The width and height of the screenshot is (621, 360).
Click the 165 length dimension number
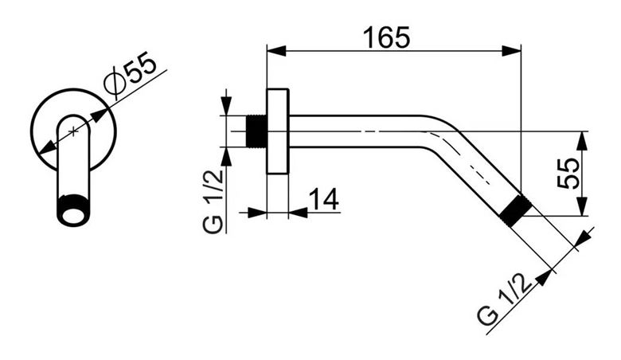point(387,37)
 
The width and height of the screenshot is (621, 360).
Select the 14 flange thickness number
point(323,198)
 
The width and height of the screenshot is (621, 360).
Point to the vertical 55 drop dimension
point(568,173)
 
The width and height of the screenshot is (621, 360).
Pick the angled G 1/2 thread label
point(504,300)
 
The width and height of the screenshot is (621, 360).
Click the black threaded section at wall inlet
point(256,132)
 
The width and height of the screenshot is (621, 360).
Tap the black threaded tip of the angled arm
point(514,212)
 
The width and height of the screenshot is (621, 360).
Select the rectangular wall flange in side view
point(278,131)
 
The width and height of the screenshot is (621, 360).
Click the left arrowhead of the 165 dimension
point(276,51)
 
